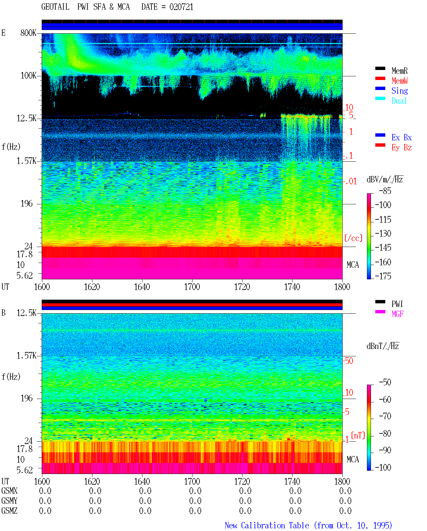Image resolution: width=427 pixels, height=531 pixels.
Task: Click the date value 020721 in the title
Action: click(181, 7)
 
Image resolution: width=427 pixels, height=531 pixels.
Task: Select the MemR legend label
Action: click(399, 71)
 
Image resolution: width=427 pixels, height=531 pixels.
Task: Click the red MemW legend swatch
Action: click(380, 78)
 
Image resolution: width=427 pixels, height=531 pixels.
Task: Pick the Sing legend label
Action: click(399, 91)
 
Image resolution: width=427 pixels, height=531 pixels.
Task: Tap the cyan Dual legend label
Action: click(399, 101)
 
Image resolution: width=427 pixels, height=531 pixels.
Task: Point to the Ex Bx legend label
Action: click(401, 137)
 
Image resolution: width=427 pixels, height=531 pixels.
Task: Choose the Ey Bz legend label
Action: click(401, 148)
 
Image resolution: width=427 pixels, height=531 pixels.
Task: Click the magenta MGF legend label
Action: click(397, 314)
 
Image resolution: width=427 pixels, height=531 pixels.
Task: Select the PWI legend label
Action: click(397, 304)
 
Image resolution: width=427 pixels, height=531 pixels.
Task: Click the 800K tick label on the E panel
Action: click(28, 33)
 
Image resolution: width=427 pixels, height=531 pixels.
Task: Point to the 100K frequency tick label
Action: click(28, 76)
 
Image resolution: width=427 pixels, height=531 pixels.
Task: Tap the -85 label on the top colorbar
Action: click(385, 191)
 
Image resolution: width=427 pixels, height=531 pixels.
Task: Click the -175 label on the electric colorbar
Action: click(383, 276)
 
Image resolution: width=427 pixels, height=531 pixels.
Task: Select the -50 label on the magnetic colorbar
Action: click(385, 382)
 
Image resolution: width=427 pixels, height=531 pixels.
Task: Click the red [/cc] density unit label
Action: click(353, 238)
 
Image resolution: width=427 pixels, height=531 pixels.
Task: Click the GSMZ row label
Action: click(9, 511)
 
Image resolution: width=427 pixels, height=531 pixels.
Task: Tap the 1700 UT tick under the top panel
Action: click(192, 287)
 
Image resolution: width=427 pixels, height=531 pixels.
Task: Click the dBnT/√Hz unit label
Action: click(383, 346)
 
